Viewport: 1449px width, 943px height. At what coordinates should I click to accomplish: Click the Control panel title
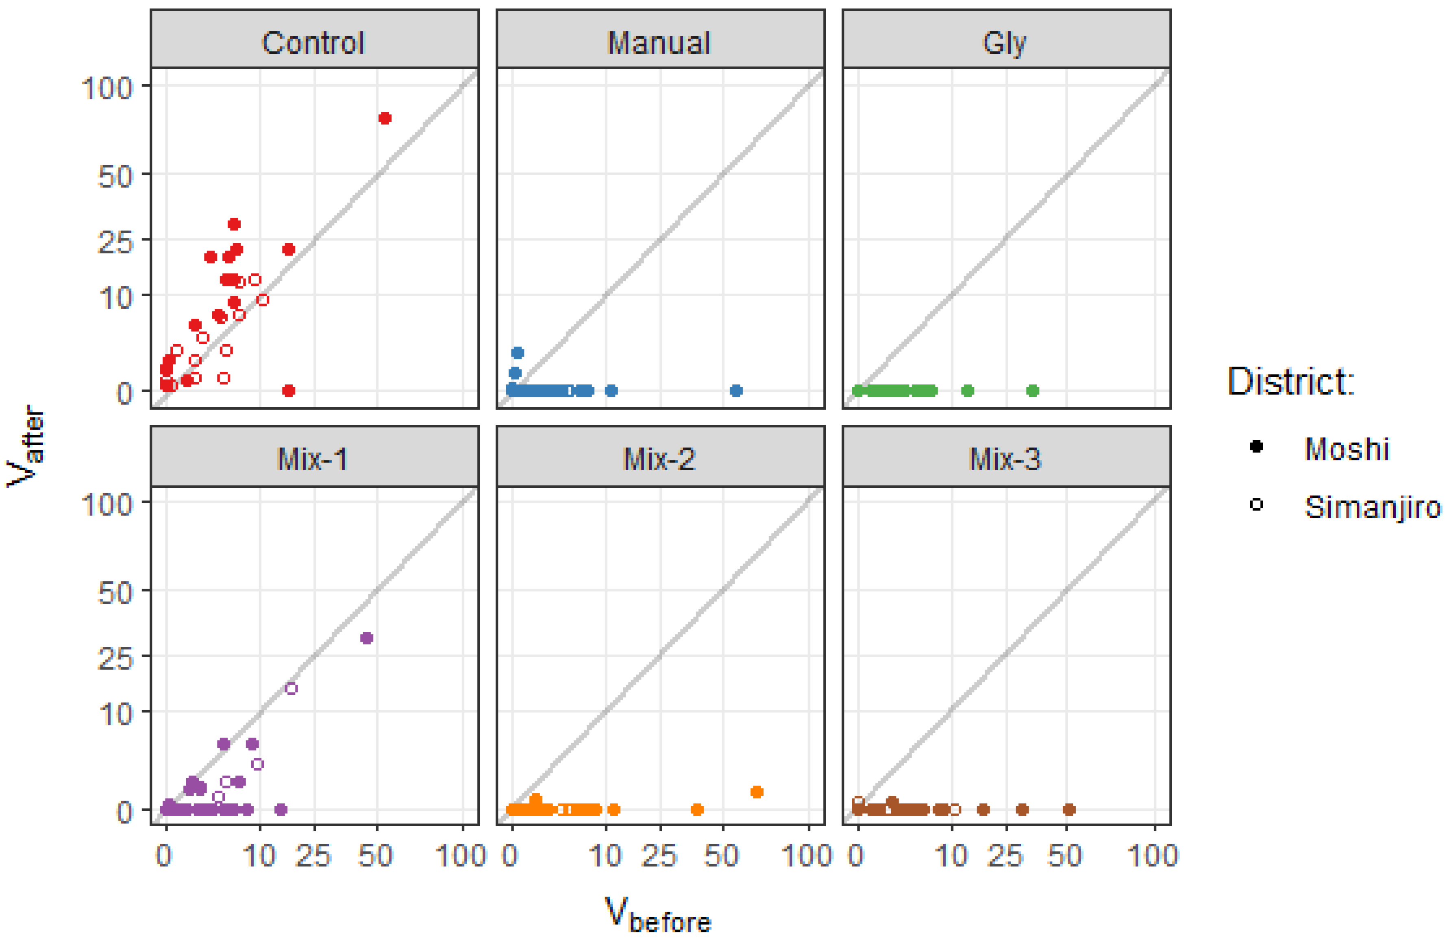coord(313,43)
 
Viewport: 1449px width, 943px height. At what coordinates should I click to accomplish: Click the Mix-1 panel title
coord(313,459)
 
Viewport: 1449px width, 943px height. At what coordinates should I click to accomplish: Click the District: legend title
coord(1291,382)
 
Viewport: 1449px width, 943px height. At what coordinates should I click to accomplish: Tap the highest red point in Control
coord(385,118)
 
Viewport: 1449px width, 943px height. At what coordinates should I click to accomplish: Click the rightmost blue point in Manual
coord(736,391)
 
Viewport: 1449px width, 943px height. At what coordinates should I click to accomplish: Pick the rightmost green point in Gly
coord(1033,391)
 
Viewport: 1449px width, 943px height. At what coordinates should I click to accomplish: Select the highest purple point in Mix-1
coord(366,638)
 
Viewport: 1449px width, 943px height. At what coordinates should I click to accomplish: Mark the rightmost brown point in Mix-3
coord(1069,810)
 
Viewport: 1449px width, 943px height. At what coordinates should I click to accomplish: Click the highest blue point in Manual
coord(518,353)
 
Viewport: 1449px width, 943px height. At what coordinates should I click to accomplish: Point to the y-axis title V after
coord(26,446)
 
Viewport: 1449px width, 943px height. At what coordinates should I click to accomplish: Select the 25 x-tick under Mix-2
coord(659,856)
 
